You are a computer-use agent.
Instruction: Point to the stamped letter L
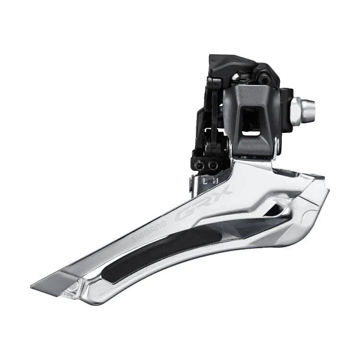point(204,181)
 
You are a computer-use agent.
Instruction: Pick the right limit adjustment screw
point(213,165)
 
